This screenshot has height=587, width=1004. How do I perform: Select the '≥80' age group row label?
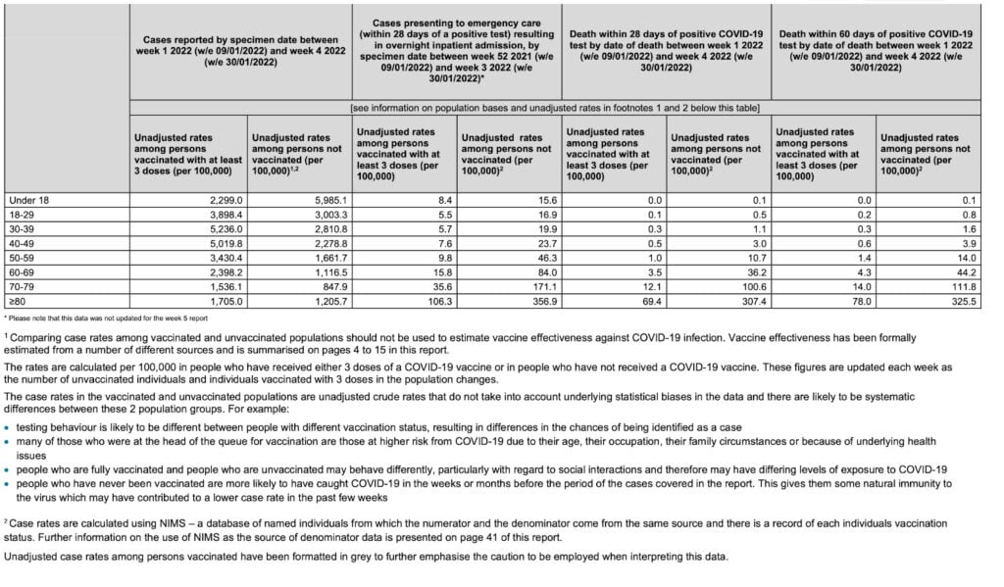[18, 303]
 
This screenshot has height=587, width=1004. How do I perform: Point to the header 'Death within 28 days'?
[666, 44]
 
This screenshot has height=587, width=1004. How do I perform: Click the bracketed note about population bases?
[555, 107]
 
